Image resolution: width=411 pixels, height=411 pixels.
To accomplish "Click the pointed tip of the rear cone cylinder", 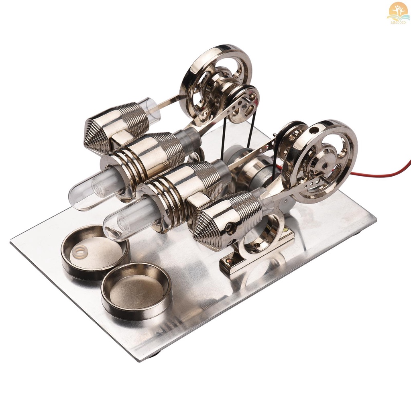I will (87, 138).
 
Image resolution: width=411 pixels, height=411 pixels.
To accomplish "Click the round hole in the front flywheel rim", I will (312, 130).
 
